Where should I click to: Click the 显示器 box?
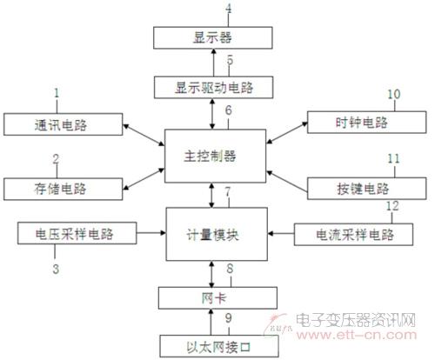coord(213,37)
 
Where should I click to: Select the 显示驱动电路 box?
coord(213,87)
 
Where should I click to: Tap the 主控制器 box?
coord(216,156)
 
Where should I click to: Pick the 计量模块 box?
coord(217,234)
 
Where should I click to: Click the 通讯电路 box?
coord(64,124)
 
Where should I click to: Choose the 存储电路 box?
coord(64,189)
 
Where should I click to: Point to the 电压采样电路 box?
coord(77,233)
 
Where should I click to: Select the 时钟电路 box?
coord(367,123)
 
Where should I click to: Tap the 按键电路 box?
coord(367,189)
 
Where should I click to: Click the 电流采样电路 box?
coord(353,234)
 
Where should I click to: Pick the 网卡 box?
coord(217,298)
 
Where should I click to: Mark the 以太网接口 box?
coord(219,346)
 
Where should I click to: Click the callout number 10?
coord(394,94)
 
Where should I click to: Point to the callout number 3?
coord(56,269)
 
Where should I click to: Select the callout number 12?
coord(392,206)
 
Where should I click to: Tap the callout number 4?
coord(229,8)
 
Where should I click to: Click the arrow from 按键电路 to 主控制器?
coord(287,182)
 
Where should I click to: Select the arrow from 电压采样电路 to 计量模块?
coord(151,233)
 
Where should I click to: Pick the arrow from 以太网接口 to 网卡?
coord(211,322)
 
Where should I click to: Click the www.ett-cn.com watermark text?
coord(357,335)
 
